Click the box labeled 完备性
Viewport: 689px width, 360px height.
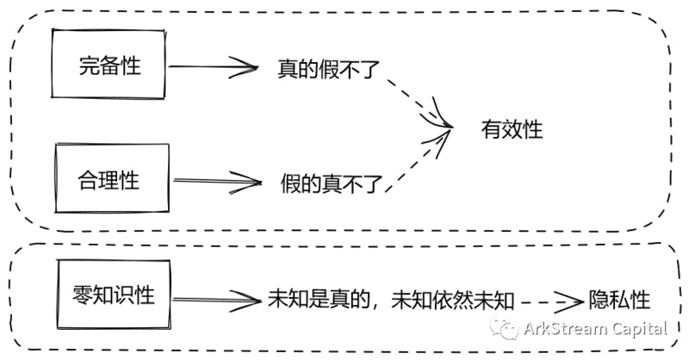(109, 65)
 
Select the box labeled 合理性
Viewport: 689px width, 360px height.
(109, 181)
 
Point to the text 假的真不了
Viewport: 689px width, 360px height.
(329, 182)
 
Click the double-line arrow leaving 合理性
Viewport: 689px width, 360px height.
(215, 181)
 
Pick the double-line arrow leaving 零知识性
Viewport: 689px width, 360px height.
(220, 298)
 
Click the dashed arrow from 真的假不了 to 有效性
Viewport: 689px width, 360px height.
(417, 102)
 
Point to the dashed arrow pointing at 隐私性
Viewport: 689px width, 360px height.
(551, 300)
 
